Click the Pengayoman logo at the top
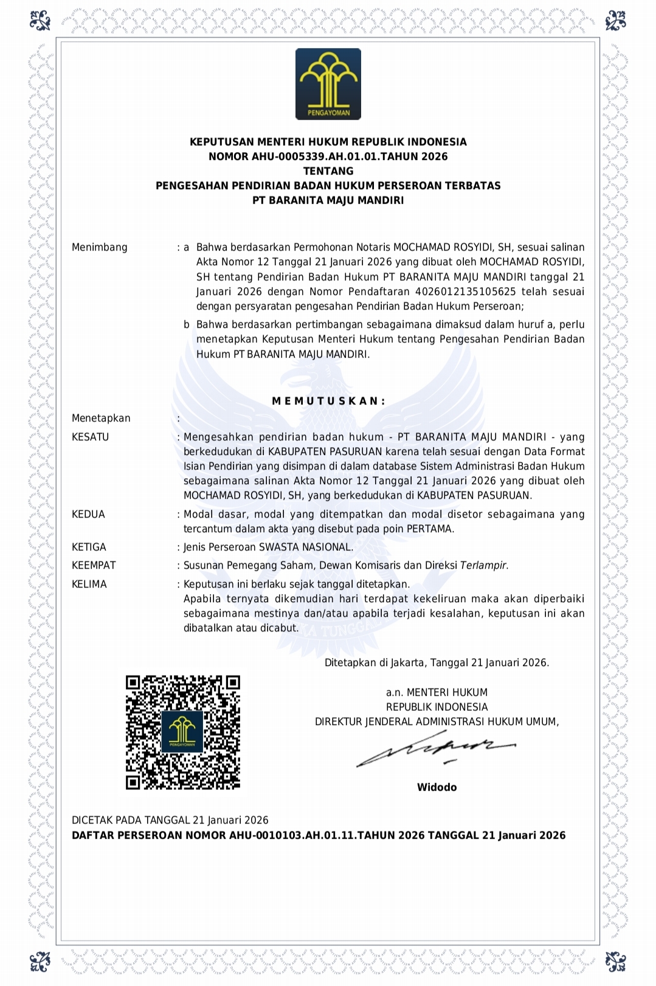click(x=328, y=84)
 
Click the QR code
click(x=183, y=732)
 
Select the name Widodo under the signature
click(x=437, y=787)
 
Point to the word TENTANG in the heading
click(x=328, y=171)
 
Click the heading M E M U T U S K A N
click(x=328, y=401)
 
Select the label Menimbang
click(x=100, y=247)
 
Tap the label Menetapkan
click(x=101, y=418)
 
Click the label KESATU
click(x=90, y=437)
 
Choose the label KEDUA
click(x=88, y=514)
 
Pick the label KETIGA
click(x=89, y=547)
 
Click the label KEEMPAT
click(x=94, y=565)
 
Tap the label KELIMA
click(x=89, y=584)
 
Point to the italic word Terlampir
click(x=484, y=565)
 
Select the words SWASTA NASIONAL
click(x=306, y=547)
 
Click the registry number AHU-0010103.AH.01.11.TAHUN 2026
click(x=326, y=835)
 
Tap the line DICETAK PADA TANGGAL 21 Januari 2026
click(x=170, y=820)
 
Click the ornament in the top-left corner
click(x=40, y=21)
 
